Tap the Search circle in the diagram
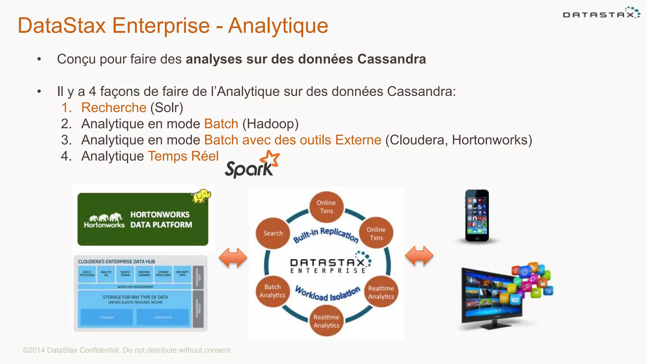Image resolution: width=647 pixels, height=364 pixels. tap(273, 233)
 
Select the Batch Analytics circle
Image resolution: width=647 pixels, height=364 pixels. tap(272, 291)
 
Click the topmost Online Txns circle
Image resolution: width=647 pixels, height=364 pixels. tap(326, 207)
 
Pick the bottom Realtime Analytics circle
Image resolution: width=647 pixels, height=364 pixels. tap(326, 321)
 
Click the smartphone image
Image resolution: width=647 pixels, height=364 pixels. tap(477, 216)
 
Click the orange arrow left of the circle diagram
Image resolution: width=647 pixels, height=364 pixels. tap(233, 258)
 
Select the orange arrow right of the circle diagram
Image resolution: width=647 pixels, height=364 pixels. tap(419, 256)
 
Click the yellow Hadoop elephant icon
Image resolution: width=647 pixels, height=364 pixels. tap(201, 196)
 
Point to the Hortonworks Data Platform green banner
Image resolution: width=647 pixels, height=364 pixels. tap(142, 219)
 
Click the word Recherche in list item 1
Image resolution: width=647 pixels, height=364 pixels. tap(114, 108)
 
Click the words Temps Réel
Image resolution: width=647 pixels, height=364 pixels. tap(183, 156)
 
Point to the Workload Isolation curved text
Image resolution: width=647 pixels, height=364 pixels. tap(328, 294)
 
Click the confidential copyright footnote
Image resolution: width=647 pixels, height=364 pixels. tap(127, 350)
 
